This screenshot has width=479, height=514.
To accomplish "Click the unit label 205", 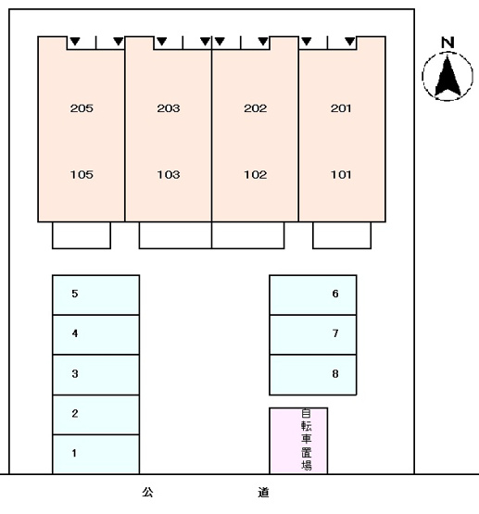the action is coord(82,108).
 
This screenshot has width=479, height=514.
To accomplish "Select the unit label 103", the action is coord(169,174).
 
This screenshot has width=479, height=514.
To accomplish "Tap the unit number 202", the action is coord(256,108).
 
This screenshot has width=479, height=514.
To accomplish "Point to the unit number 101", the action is coord(341,174).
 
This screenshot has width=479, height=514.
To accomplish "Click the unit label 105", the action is coord(82,174).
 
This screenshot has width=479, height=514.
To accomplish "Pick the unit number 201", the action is coord(341,108).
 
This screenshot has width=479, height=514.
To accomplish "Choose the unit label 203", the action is coord(169,108).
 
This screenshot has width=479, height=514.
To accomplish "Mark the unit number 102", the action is coord(256,174).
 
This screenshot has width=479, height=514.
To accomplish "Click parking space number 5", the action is coord(75,294).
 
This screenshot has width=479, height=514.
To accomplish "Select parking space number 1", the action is coord(74,453).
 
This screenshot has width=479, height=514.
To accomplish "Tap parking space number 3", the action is coord(75,373).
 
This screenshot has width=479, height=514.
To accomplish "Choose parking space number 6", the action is coord(335,294).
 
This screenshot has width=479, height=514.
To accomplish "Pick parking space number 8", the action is coord(335,373).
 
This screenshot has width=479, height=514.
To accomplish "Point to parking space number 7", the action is coord(335,333).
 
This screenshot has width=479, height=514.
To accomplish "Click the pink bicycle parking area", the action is coord(298,441).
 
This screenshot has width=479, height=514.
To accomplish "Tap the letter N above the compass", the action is coord(447,43).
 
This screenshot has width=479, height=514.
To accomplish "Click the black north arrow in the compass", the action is coord(447,76).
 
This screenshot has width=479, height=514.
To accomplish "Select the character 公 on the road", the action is coord(147,492).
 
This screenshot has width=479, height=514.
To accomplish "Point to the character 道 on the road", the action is coord(263,492).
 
